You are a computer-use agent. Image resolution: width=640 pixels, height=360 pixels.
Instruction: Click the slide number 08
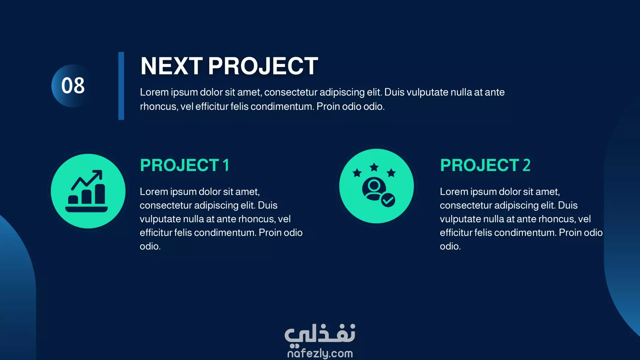pos(73,85)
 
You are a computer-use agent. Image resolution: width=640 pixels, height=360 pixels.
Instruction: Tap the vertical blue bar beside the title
pos(121,86)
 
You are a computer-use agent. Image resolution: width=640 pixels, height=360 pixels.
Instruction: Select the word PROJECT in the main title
pos(263,66)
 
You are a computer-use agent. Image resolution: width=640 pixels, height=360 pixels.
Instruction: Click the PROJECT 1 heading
pos(185,165)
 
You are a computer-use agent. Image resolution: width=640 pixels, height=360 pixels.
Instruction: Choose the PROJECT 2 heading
pos(485,165)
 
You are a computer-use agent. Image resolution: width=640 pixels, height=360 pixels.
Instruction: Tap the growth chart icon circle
pos(88,191)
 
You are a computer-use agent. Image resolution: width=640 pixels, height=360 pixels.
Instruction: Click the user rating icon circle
pos(376,186)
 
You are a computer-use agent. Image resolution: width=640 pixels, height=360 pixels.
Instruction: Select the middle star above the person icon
pos(374,167)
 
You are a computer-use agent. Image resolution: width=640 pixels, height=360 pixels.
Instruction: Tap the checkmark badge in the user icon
pos(388,200)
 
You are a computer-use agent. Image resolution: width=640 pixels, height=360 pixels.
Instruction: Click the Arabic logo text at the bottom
pos(320,334)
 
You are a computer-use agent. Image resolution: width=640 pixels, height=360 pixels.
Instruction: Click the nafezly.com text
pos(320,353)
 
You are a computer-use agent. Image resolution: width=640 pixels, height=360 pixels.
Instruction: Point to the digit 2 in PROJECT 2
pos(527,165)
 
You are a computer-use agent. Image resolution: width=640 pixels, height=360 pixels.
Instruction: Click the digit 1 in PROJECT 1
pos(226,165)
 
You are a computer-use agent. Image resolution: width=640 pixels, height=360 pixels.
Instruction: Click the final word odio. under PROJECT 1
pos(150,246)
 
